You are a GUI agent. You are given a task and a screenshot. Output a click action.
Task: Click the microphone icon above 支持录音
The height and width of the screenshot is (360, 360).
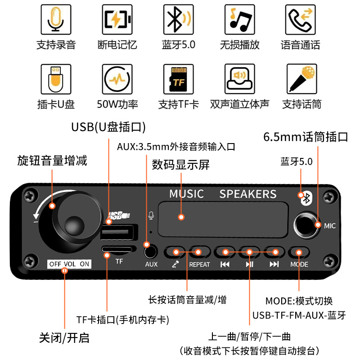[x=56, y=20]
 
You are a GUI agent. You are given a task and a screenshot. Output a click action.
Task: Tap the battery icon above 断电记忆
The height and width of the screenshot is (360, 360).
[x=117, y=20]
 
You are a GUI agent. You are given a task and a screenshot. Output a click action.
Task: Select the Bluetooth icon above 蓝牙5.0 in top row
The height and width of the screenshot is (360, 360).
[x=179, y=20]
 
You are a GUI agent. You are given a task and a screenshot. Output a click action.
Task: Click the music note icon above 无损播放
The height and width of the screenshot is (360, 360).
[x=240, y=20]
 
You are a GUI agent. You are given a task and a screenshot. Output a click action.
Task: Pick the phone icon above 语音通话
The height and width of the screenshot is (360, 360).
[x=301, y=20]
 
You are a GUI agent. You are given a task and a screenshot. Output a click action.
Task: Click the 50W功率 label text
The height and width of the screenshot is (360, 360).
[x=117, y=104]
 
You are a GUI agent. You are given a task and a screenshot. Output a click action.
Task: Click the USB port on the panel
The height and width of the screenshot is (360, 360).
[x=118, y=234]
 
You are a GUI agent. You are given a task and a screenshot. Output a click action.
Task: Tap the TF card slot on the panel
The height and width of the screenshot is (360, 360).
[x=118, y=249]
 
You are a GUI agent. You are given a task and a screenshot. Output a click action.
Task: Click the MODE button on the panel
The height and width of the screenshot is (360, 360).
[x=299, y=252]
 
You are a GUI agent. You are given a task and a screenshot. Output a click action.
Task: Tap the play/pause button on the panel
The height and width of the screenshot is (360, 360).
[x=249, y=252]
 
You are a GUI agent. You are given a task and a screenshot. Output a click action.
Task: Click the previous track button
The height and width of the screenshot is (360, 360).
[x=225, y=252]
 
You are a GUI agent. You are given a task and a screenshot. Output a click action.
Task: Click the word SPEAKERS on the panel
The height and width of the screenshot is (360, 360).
[x=248, y=194]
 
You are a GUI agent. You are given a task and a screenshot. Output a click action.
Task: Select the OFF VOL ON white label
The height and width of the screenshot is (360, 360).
[x=69, y=264]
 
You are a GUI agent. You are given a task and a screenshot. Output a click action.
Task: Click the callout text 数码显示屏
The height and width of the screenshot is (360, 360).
[x=181, y=165]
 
